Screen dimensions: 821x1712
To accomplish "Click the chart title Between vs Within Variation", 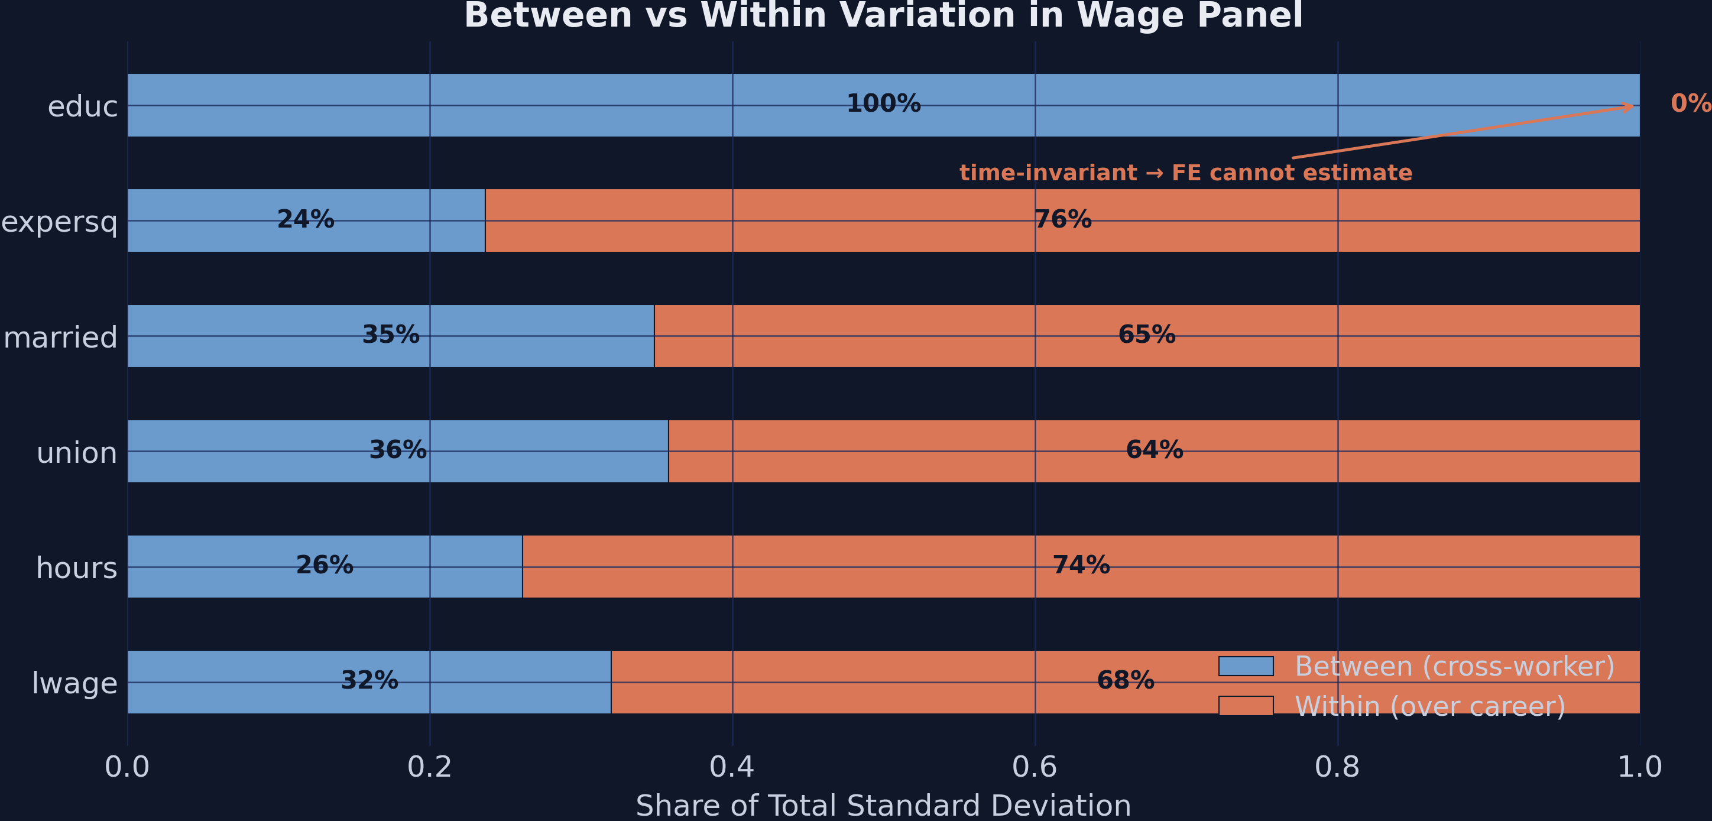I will pyautogui.click(x=883, y=16).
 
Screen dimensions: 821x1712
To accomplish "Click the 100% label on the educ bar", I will pyautogui.click(x=883, y=103).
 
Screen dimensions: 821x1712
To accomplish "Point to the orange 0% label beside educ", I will pyautogui.click(x=1690, y=103).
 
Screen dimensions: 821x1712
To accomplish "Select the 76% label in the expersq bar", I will pyautogui.click(x=1063, y=219).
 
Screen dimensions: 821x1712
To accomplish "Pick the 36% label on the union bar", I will pyautogui.click(x=397, y=450).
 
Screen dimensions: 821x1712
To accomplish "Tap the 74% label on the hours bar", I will pyautogui.click(x=1081, y=565).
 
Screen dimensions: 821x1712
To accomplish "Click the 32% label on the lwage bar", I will pyautogui.click(x=369, y=680).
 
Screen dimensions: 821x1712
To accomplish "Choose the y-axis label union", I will pyautogui.click(x=76, y=452).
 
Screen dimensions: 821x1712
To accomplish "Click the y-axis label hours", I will pyautogui.click(x=76, y=568).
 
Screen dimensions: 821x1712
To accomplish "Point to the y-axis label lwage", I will pyautogui.click(x=74, y=683).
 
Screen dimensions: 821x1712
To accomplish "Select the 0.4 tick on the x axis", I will pyautogui.click(x=732, y=767).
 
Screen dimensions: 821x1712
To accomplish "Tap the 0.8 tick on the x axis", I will pyautogui.click(x=1337, y=767).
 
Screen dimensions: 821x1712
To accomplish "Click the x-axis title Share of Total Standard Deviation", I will pyautogui.click(x=883, y=805).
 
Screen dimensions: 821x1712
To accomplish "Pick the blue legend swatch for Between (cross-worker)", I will pyautogui.click(x=1246, y=666).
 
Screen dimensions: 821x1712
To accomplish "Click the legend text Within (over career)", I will pyautogui.click(x=1429, y=706).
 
